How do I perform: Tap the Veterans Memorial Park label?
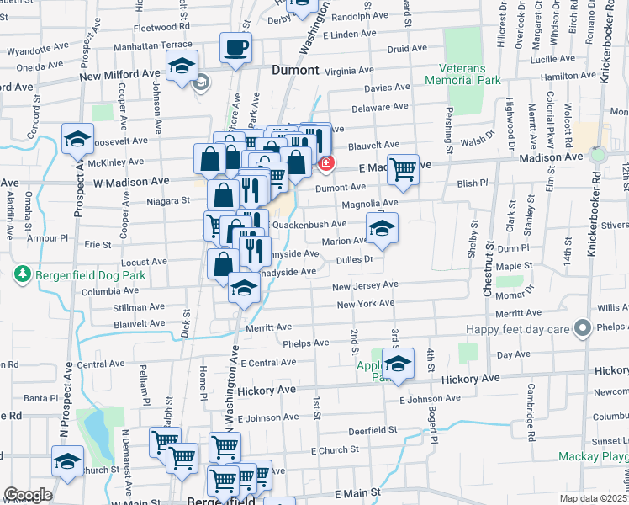[x=462, y=74]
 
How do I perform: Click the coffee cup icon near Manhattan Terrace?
[x=236, y=47]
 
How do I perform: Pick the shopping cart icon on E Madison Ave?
[x=403, y=168]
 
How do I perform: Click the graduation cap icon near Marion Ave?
[x=382, y=227]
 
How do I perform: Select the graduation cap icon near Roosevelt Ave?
[x=78, y=138]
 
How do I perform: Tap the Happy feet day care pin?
[x=581, y=328]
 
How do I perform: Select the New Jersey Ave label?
[x=363, y=287]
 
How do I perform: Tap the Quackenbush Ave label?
[x=309, y=225]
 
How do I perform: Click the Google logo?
[x=28, y=495]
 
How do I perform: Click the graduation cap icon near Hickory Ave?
[x=399, y=363]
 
